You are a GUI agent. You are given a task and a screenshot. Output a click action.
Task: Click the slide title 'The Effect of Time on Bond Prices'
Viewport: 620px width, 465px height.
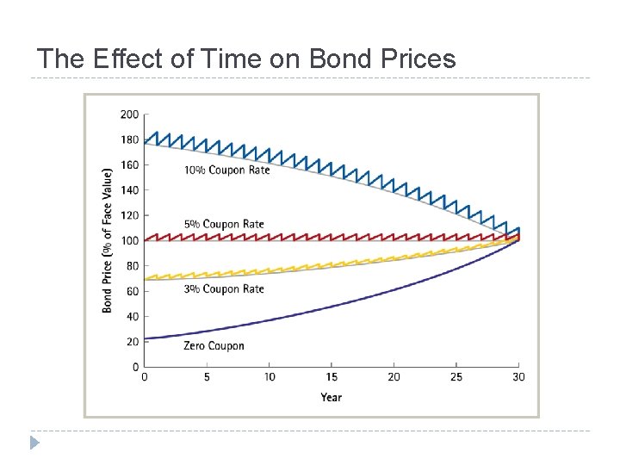click(x=245, y=59)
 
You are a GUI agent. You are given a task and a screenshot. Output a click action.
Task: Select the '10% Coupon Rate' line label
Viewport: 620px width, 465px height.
click(x=226, y=170)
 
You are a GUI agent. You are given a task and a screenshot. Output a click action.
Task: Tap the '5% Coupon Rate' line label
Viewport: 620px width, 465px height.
click(x=224, y=225)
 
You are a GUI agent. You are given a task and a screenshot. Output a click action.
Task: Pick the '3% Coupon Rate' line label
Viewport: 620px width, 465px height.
click(x=224, y=289)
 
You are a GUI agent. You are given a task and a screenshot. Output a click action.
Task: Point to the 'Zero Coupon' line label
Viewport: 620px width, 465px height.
click(x=214, y=346)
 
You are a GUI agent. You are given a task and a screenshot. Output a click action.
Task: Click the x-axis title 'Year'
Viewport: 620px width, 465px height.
click(x=332, y=397)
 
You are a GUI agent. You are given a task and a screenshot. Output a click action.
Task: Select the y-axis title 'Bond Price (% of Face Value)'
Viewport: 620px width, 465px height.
click(x=108, y=240)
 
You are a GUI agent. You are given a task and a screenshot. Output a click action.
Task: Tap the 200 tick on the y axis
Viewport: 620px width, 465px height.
click(x=129, y=114)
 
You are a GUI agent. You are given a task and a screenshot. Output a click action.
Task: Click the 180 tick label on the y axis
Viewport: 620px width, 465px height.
click(x=129, y=139)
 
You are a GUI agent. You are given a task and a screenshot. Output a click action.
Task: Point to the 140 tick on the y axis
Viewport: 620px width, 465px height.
click(x=129, y=189)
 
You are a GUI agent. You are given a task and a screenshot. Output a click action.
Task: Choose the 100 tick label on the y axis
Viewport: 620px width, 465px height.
click(x=129, y=240)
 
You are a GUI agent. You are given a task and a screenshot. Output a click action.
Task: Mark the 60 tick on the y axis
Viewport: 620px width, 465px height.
click(x=132, y=291)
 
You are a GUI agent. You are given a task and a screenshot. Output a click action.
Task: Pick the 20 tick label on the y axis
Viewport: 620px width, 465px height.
click(x=132, y=342)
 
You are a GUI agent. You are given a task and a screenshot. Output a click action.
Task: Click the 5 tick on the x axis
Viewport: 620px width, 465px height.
click(x=207, y=377)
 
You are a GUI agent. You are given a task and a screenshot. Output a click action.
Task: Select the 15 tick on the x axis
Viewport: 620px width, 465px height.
click(x=332, y=377)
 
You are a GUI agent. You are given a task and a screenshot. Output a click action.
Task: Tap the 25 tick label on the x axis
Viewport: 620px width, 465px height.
click(x=456, y=377)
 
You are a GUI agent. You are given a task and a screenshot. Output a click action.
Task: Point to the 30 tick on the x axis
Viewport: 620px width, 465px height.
click(x=518, y=377)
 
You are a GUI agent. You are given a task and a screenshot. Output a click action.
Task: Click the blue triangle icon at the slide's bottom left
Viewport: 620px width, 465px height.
click(x=34, y=443)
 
